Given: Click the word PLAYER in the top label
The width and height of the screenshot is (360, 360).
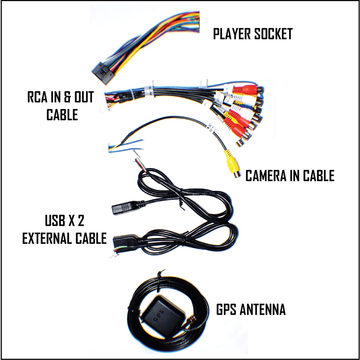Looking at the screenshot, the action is coord(231,34).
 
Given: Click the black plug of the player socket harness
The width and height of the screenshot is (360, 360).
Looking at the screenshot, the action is coord(101,73).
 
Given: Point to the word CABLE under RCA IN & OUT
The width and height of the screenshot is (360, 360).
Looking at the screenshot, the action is coord(62,115).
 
